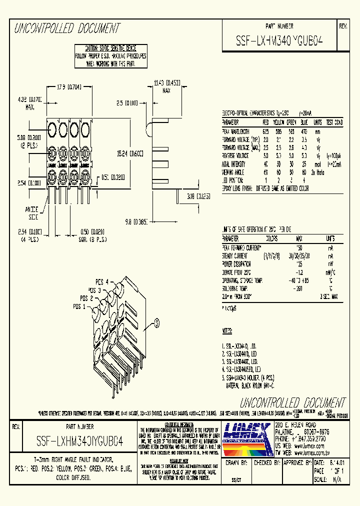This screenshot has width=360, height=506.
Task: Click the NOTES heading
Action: [227, 331]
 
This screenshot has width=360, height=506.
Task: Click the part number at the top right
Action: [279, 42]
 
